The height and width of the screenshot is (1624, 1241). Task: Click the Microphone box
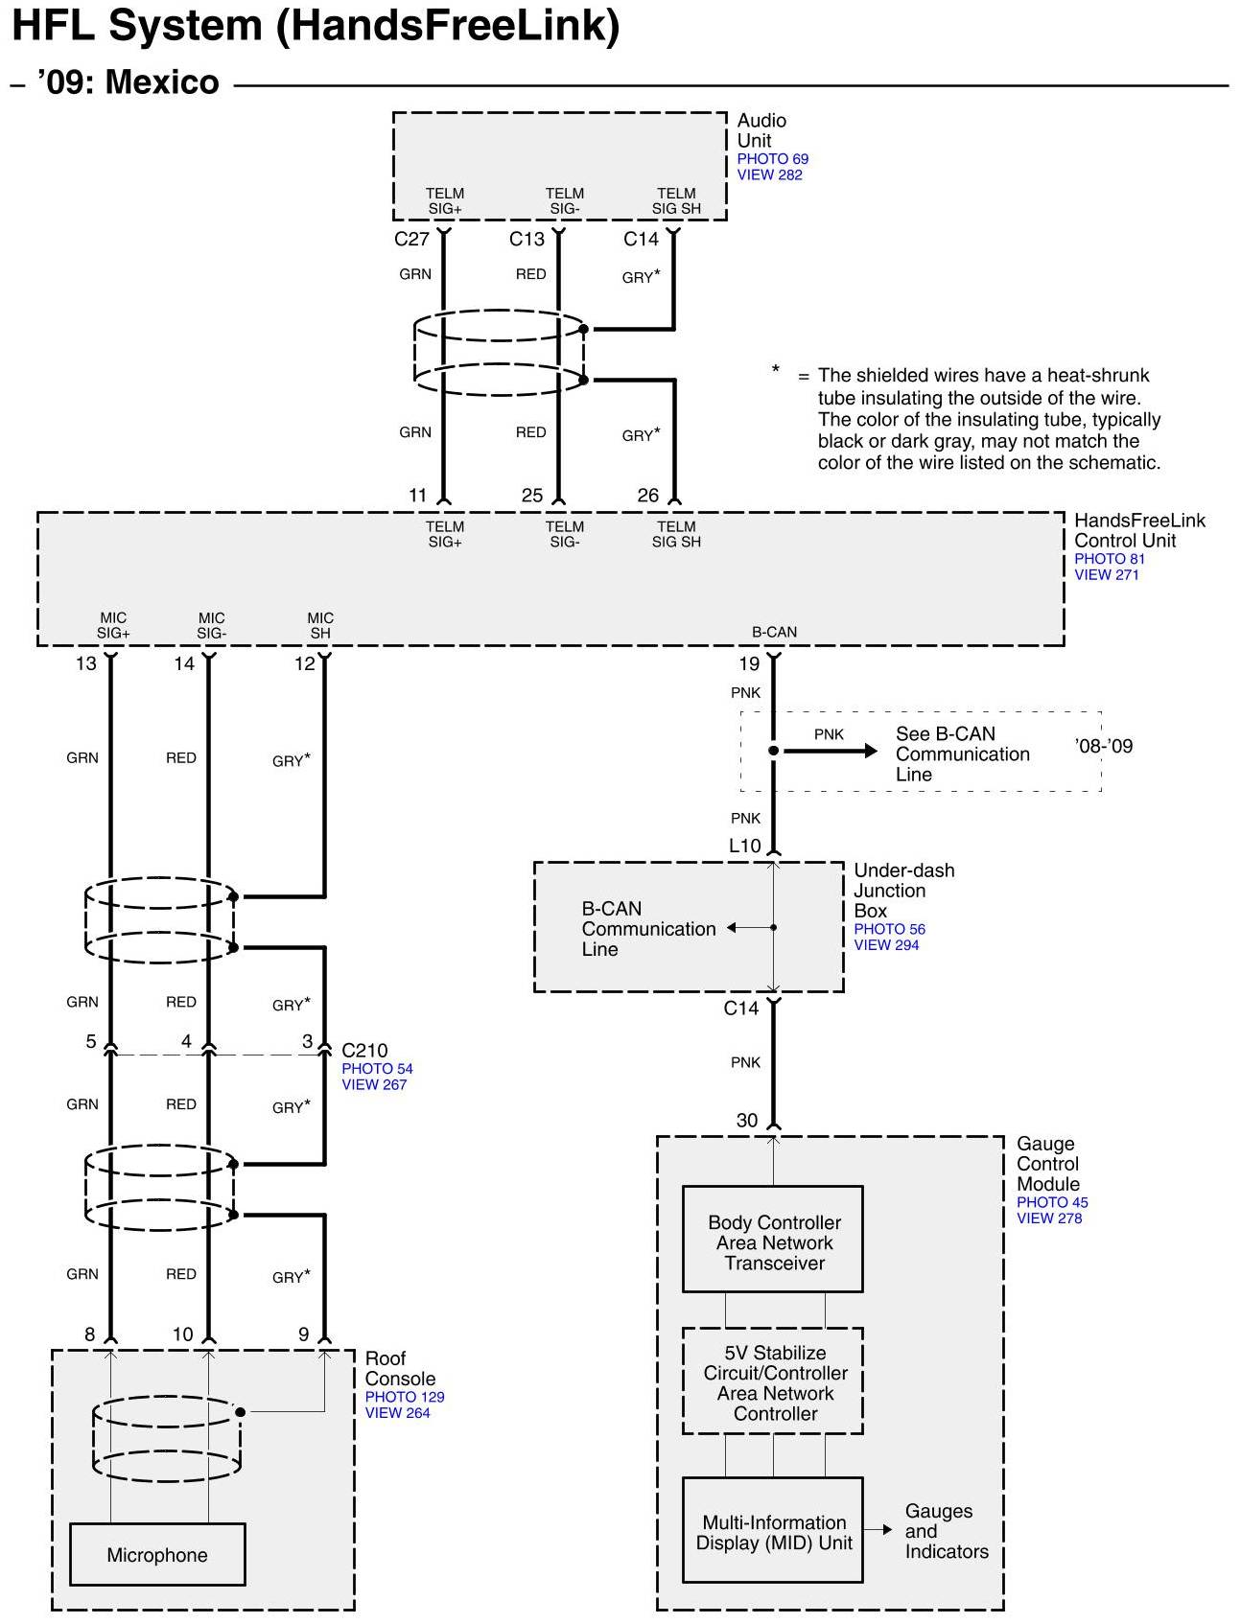[x=157, y=1554]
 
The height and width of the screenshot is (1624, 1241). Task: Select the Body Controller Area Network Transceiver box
[x=773, y=1239]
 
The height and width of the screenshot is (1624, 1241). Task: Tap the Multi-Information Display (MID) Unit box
[x=773, y=1530]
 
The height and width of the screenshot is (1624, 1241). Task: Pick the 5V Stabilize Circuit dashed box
[x=773, y=1381]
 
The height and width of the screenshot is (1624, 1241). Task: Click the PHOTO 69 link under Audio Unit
[x=772, y=159]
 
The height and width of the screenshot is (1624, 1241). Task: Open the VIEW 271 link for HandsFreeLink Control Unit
[x=1106, y=575]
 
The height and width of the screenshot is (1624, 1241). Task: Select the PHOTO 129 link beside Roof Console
[x=405, y=1397]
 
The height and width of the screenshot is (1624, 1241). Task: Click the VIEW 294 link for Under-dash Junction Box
[x=886, y=945]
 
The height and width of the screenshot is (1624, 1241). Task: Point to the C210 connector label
[x=364, y=1051]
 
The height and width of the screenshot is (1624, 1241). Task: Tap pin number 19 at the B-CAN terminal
[x=749, y=664]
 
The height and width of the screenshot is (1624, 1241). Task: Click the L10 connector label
[x=745, y=846]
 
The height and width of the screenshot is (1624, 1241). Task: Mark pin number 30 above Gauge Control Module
[x=747, y=1121]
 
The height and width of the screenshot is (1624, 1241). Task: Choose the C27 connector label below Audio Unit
[x=411, y=240]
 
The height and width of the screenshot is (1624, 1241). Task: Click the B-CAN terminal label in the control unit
[x=774, y=633]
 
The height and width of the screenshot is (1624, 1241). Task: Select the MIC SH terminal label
[x=320, y=626]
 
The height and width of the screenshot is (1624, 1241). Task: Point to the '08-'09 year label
[x=1104, y=746]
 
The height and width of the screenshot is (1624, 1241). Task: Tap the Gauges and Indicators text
[x=947, y=1531]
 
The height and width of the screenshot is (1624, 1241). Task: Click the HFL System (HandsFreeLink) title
[x=316, y=26]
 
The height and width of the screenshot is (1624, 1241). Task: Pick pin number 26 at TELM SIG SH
[x=648, y=496]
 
